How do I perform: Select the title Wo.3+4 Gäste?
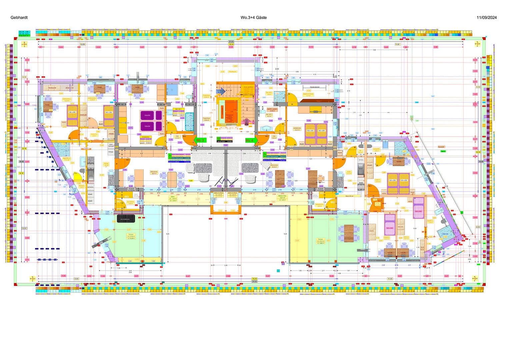pyautogui.click(x=253, y=18)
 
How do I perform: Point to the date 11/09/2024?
pyautogui.click(x=487, y=18)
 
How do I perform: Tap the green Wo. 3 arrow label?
pyautogui.click(x=200, y=140)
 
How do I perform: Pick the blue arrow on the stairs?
pyautogui.click(x=221, y=91)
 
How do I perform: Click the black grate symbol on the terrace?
pyautogui.click(x=126, y=218)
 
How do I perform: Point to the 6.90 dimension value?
pyautogui.click(x=297, y=72)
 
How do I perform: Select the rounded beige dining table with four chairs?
pyautogui.click(x=172, y=179)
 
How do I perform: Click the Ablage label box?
pyautogui.click(x=111, y=152)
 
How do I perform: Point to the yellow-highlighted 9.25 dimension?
pyautogui.click(x=191, y=180)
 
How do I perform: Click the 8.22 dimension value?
pyautogui.click(x=79, y=96)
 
